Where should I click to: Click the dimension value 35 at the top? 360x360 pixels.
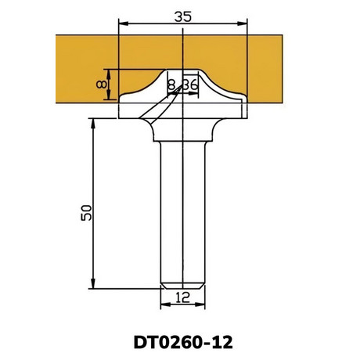[x=182, y=17]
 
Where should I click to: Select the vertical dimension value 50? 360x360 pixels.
[x=86, y=213]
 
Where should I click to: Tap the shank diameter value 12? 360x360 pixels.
[x=182, y=297]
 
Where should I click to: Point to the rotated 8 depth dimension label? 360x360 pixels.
[x=101, y=85]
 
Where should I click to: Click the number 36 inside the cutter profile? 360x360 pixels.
[x=191, y=85]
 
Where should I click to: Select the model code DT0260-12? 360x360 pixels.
[x=183, y=342]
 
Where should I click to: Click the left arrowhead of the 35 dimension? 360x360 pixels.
[x=124, y=23]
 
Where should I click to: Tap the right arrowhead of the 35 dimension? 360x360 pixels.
[x=242, y=23]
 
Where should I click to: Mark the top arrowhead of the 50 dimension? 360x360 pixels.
[x=93, y=124]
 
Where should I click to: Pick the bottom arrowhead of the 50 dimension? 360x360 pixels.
[x=93, y=283]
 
